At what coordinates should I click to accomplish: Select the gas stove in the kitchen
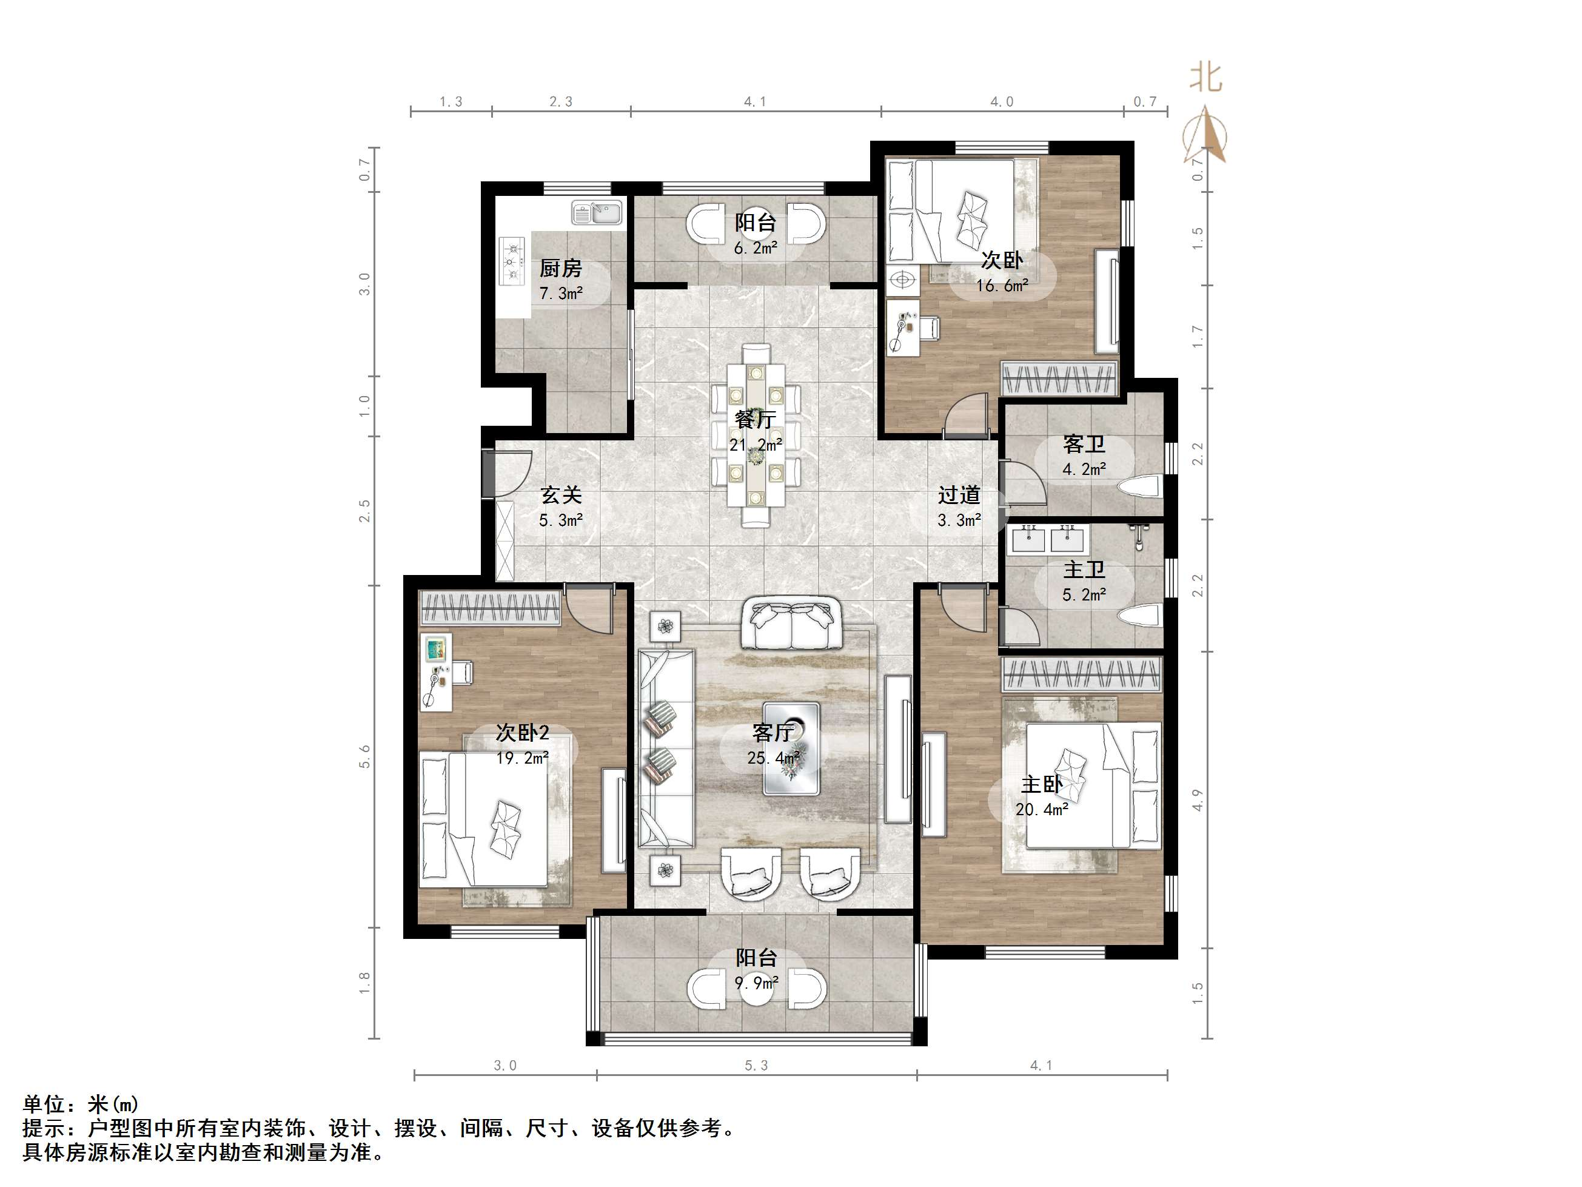coord(512,262)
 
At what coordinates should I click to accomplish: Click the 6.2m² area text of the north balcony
coord(756,248)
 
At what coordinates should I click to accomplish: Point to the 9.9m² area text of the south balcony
coord(756,983)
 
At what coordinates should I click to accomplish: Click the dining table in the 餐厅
coord(756,435)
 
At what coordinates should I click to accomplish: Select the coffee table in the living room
coord(790,748)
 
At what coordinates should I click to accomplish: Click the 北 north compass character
coord(1206,77)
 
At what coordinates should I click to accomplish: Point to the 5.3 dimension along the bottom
coord(756,1065)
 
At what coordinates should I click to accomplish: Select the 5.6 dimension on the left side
coord(366,756)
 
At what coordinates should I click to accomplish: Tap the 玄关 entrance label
coord(560,494)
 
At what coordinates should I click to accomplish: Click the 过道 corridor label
coord(958,494)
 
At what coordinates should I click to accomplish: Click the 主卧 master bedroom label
coord(1041,784)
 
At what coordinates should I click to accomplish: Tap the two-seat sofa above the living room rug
coord(790,625)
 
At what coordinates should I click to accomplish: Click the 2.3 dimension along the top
coord(561,102)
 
